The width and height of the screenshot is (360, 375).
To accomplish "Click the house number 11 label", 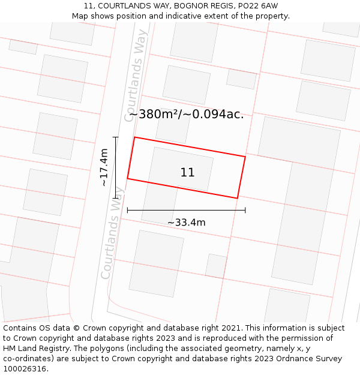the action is coord(187,173).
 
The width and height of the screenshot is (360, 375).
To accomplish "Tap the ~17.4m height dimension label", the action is coord(104,167).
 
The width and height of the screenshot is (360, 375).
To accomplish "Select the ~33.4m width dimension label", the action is coord(186,223).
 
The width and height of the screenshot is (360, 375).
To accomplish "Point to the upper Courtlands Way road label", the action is coord(136,76).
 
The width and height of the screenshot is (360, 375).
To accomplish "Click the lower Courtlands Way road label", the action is coord(112,233).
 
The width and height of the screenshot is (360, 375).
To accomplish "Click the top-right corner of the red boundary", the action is coord(245,157).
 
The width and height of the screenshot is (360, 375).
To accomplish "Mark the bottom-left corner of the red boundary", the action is coord(127,178).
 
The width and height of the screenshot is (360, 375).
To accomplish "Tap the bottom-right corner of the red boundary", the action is coord(237,198).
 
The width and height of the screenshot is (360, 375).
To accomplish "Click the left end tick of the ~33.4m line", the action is coord(127,210).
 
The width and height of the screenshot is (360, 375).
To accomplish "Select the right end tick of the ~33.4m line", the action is coord(245,210).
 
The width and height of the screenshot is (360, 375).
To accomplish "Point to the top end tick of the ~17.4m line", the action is coord(116,137).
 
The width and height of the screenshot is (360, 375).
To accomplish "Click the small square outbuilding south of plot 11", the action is coord(216,266).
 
